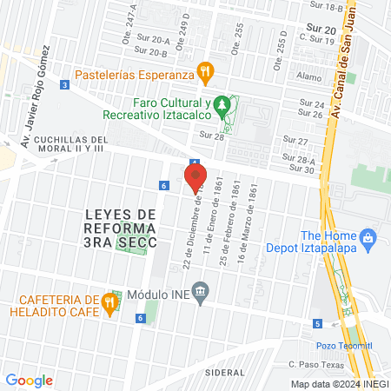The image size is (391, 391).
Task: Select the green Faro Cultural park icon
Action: (223, 105)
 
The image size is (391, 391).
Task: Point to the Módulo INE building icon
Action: (201, 290)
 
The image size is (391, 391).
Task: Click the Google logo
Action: (30, 381)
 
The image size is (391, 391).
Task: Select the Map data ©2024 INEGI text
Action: (337, 383)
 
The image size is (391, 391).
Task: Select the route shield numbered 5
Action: (318, 324)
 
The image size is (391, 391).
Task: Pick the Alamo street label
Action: (308, 76)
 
